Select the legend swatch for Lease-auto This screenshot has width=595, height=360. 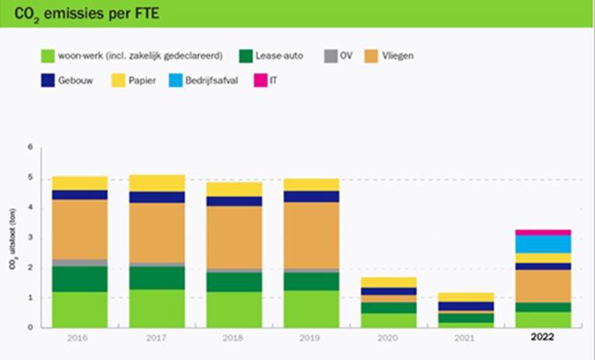[x=246, y=56]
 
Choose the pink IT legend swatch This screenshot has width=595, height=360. [x=260, y=80]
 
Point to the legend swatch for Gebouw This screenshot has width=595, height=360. [x=47, y=80]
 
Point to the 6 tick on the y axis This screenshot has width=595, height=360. [x=32, y=147]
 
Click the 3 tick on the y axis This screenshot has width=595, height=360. [x=32, y=237]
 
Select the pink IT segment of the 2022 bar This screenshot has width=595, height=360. [x=543, y=232]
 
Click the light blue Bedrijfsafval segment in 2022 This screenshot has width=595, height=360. [x=543, y=245]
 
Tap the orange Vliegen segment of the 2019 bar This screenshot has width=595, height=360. [x=311, y=235]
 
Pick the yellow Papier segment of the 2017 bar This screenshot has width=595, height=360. [x=157, y=183]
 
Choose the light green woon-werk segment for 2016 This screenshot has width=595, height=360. [x=80, y=310]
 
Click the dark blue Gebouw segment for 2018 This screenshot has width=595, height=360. [x=234, y=201]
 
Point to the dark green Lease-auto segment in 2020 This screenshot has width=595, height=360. [x=389, y=307]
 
